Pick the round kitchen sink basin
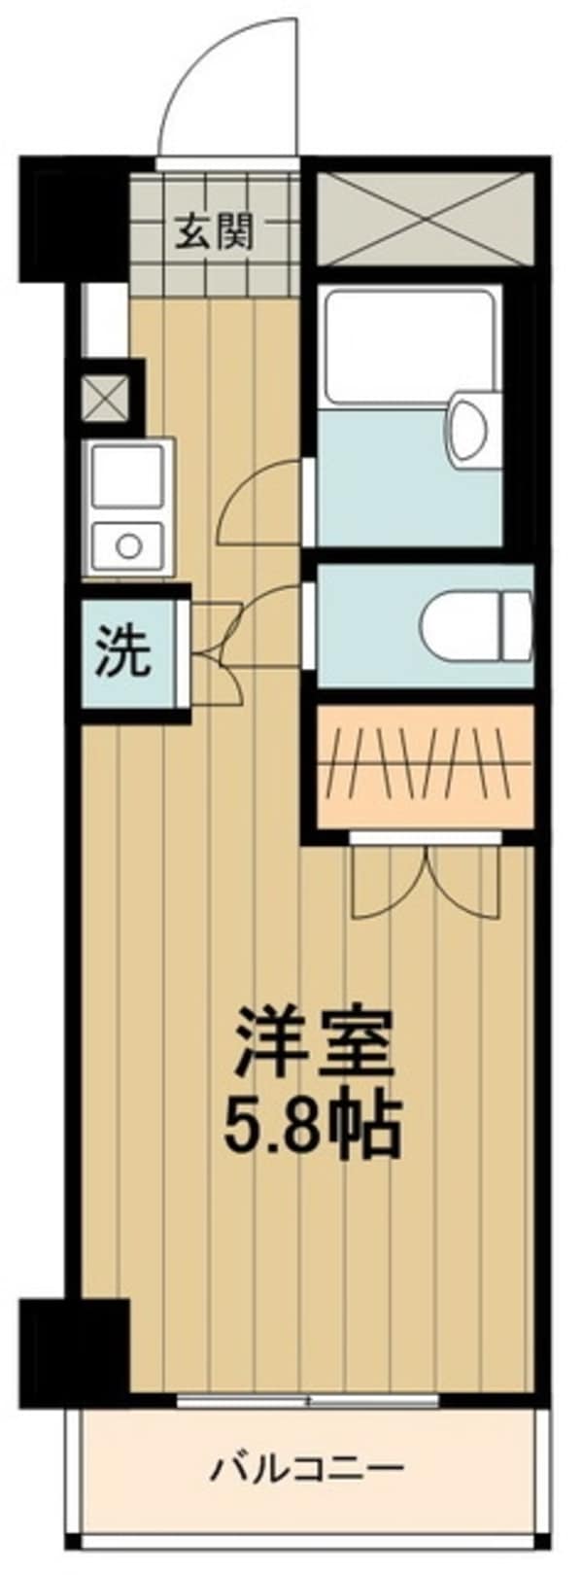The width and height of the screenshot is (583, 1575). click(128, 545)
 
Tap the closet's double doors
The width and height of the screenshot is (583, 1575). click(425, 881)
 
